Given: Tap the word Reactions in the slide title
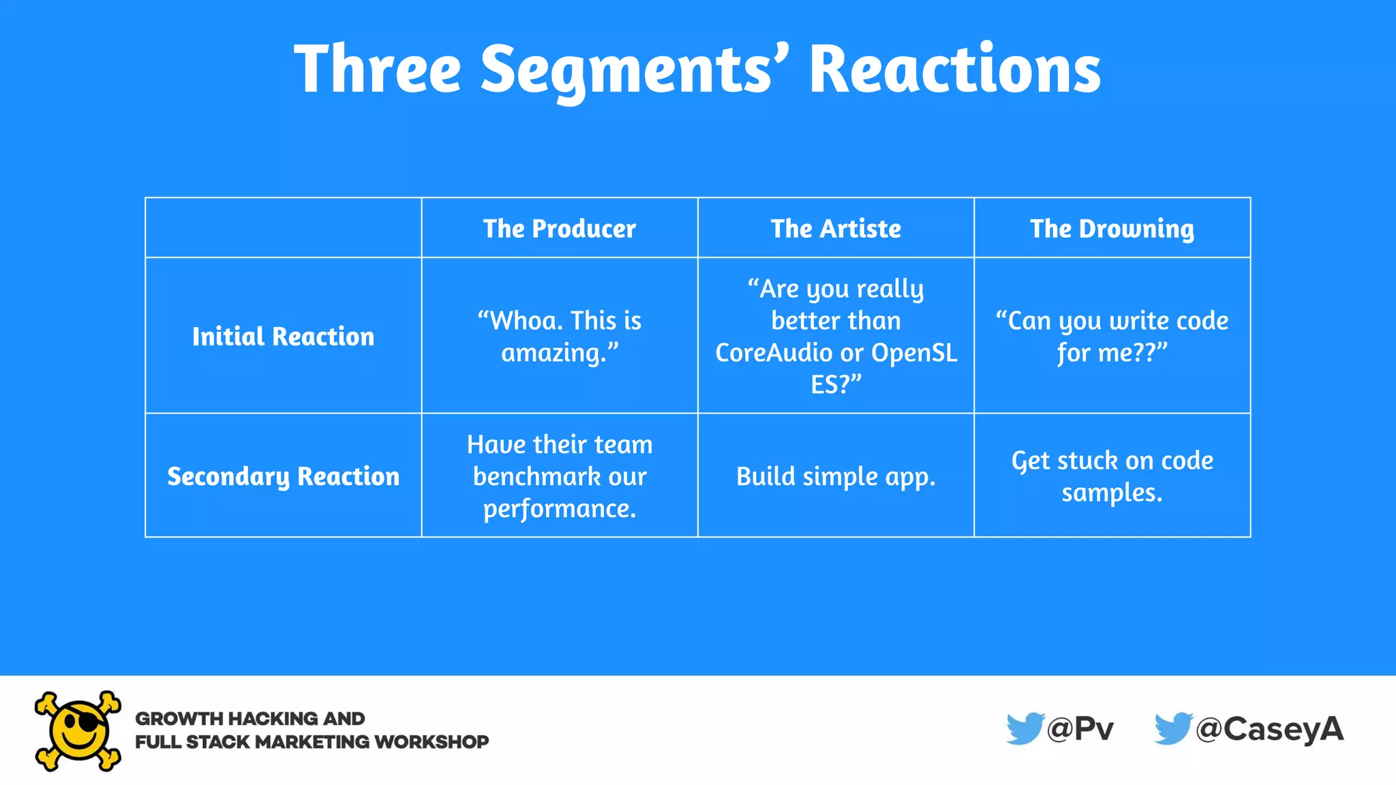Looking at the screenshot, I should pyautogui.click(x=954, y=70).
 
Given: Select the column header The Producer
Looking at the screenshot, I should pyautogui.click(x=559, y=229).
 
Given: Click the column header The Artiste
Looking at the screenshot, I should pyautogui.click(x=836, y=229).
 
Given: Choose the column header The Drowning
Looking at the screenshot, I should pyautogui.click(x=1112, y=229).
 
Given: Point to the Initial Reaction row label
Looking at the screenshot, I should pyautogui.click(x=283, y=337).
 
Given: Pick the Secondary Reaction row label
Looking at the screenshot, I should pyautogui.click(x=283, y=476).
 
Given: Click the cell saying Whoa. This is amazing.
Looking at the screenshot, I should pyautogui.click(x=559, y=337).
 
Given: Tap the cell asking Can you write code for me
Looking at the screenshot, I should pyautogui.click(x=1112, y=337).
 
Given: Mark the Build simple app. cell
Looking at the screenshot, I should pyautogui.click(x=836, y=476).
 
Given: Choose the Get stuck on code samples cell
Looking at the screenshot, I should pyautogui.click(x=1112, y=476).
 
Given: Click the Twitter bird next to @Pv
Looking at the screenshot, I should pyautogui.click(x=1025, y=728).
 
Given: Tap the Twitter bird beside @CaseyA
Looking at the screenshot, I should pyautogui.click(x=1172, y=728).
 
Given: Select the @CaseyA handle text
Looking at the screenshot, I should pyautogui.click(x=1270, y=729).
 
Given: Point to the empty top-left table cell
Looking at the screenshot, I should pyautogui.click(x=283, y=228).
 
